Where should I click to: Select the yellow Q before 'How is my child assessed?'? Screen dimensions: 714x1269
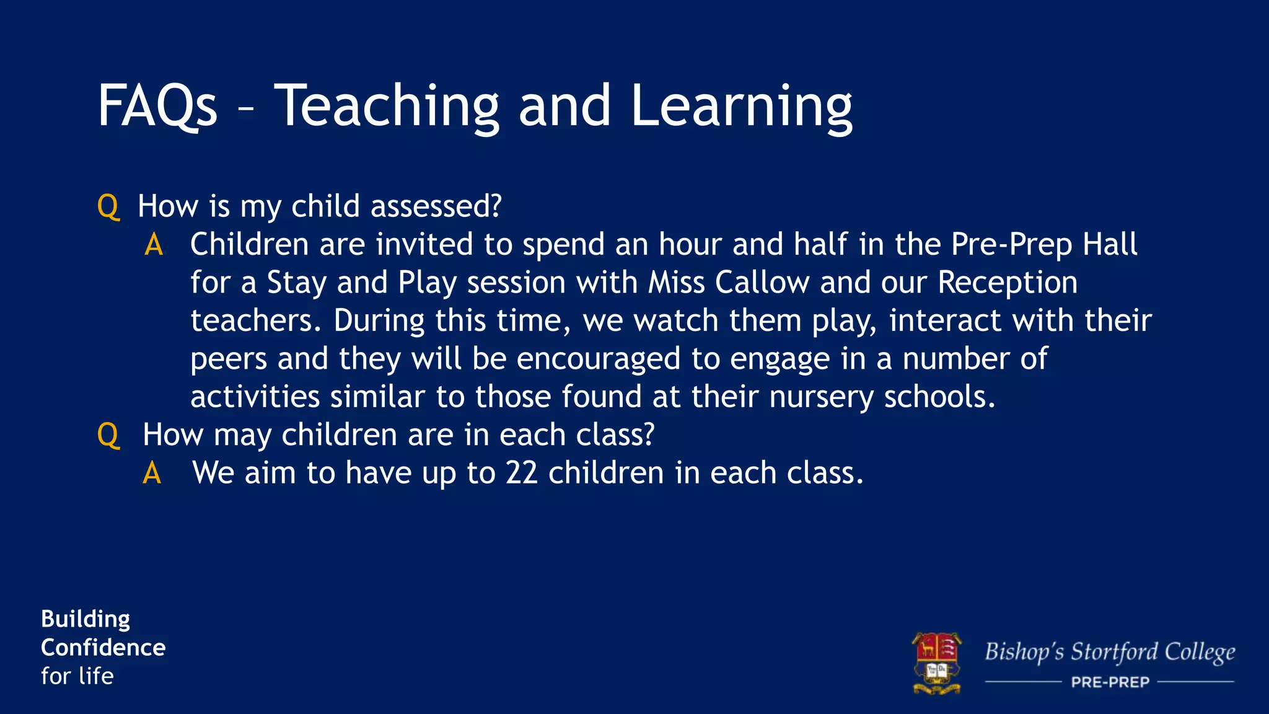108,206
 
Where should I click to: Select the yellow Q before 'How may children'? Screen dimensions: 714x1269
108,435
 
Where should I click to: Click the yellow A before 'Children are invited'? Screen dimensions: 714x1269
154,245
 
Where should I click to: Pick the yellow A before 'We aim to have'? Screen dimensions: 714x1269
152,474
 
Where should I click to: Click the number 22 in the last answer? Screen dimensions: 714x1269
521,474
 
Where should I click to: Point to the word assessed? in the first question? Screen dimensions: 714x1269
436,206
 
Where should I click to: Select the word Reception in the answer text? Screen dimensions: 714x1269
1008,283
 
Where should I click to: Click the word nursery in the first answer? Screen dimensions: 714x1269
821,397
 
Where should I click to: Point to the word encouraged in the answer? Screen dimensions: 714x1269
599,359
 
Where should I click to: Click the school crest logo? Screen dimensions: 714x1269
937,663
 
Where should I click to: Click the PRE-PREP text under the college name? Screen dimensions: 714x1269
1110,682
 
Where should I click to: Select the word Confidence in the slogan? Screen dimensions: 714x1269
103,648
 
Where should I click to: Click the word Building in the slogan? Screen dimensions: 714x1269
86,619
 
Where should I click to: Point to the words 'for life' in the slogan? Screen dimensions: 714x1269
77,676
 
